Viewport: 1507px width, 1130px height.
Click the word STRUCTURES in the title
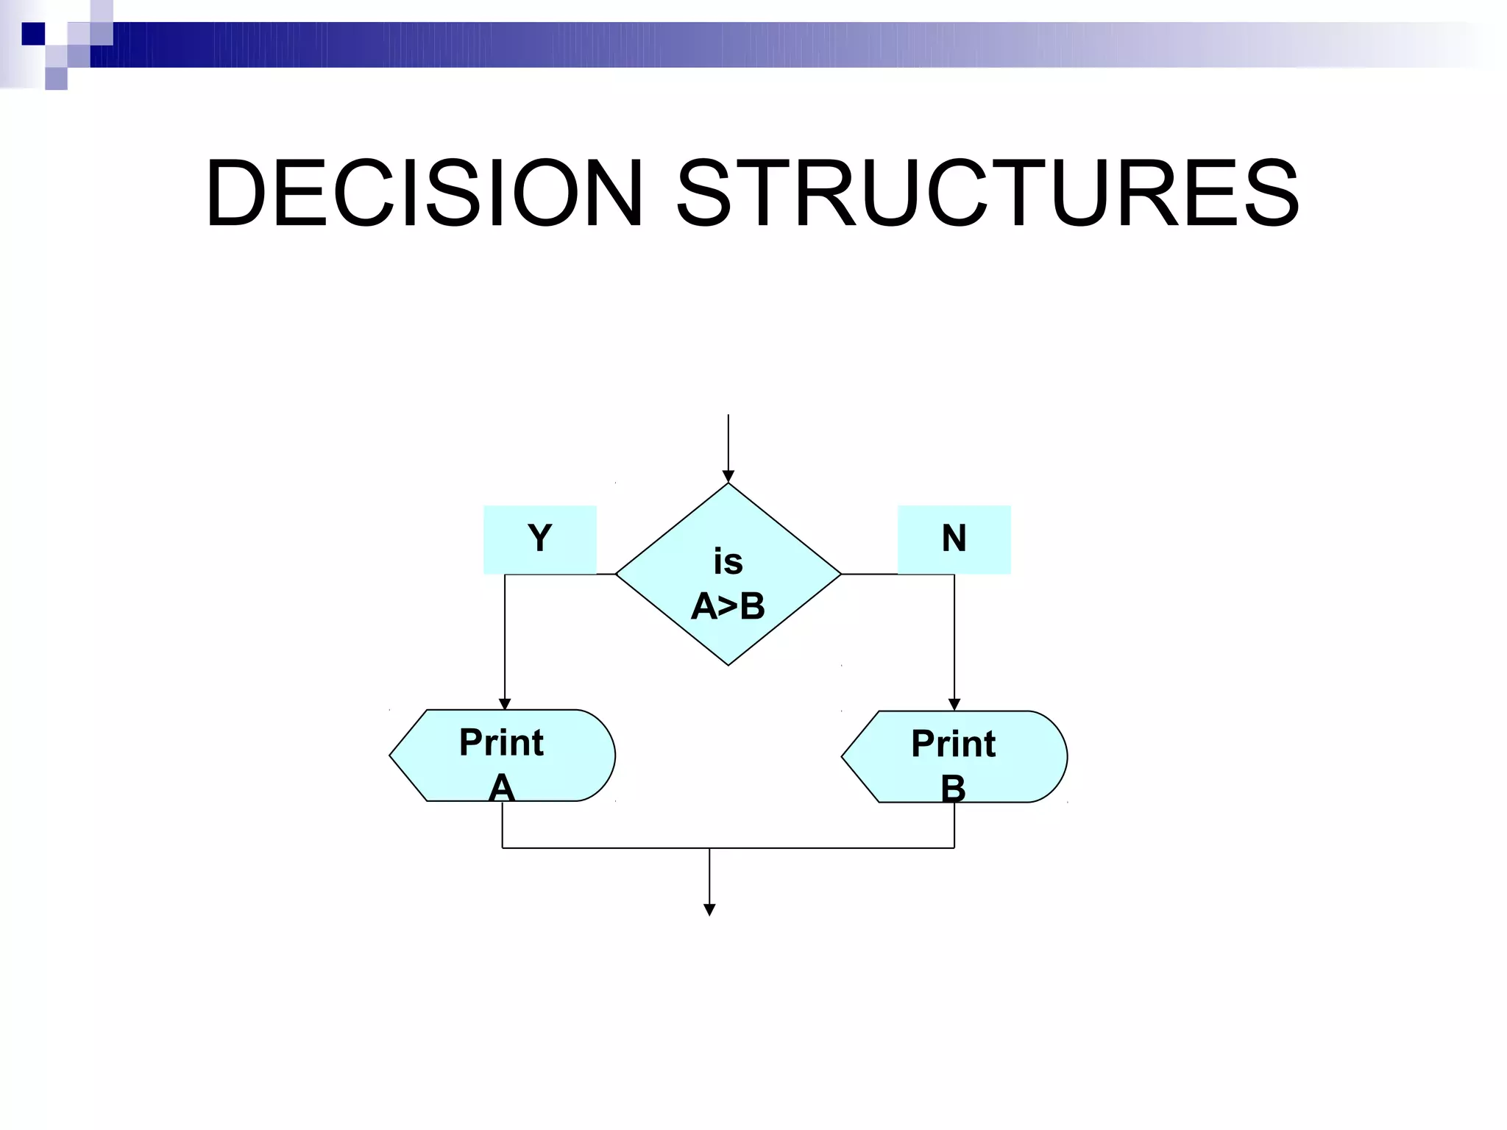pyautogui.click(x=987, y=193)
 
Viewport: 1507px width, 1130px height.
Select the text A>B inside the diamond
pyautogui.click(x=728, y=607)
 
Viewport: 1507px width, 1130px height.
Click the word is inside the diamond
pyautogui.click(x=728, y=563)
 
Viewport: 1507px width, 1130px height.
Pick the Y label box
pyautogui.click(x=539, y=539)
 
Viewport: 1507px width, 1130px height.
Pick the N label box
pyautogui.click(x=954, y=539)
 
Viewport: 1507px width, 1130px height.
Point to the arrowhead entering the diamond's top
pyautogui.click(x=728, y=477)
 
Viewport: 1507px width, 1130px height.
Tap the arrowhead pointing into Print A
pyautogui.click(x=505, y=704)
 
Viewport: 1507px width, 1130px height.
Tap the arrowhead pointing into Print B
pyautogui.click(x=954, y=705)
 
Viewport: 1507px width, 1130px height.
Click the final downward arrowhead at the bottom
pyautogui.click(x=709, y=910)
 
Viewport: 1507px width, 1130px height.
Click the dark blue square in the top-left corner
pyautogui.click(x=32, y=34)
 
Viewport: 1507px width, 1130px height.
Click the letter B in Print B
pyautogui.click(x=953, y=789)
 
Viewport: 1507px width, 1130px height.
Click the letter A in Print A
pyautogui.click(x=501, y=788)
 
